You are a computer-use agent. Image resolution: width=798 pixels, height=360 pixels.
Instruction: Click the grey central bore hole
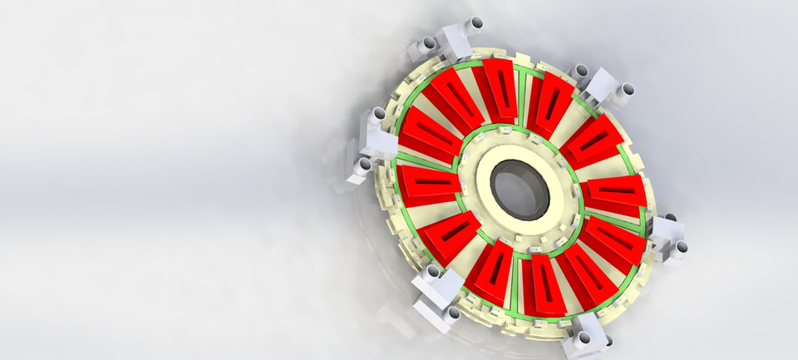coord(517,188)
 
